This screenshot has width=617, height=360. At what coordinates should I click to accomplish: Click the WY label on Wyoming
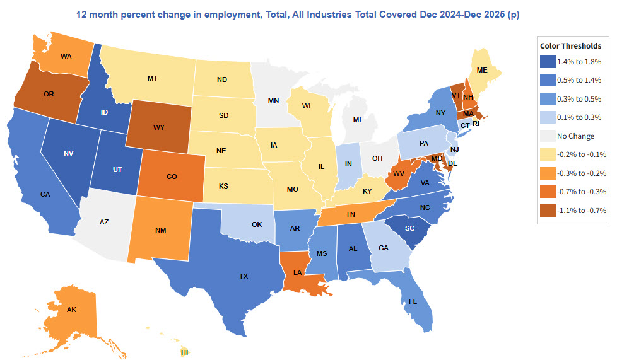click(158, 127)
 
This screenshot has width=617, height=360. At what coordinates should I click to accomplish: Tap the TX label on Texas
click(244, 276)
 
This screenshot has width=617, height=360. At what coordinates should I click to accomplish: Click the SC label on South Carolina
click(409, 228)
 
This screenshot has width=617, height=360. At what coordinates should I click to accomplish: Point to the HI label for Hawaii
click(184, 352)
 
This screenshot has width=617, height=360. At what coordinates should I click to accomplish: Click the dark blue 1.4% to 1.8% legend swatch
click(548, 62)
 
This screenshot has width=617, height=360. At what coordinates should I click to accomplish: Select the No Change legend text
click(575, 136)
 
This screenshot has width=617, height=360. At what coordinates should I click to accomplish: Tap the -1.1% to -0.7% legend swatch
click(548, 211)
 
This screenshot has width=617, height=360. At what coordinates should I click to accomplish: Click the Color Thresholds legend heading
click(570, 46)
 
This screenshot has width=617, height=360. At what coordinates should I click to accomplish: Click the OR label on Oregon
click(49, 94)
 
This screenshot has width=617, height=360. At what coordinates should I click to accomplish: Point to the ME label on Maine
click(482, 70)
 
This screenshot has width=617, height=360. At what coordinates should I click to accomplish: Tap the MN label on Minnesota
click(273, 100)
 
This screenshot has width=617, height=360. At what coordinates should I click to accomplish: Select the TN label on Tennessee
click(350, 214)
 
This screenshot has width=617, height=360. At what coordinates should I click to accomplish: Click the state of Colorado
click(171, 176)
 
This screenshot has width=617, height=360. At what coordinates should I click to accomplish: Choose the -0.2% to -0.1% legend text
click(582, 154)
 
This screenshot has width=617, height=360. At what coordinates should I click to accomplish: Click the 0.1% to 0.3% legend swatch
click(548, 117)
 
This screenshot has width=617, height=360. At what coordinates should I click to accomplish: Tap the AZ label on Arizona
click(104, 223)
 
